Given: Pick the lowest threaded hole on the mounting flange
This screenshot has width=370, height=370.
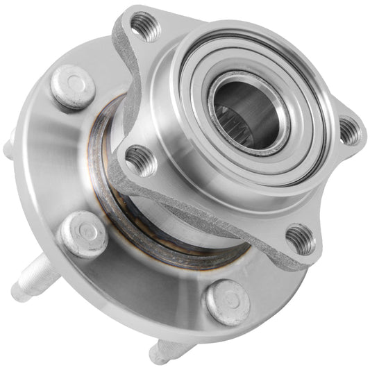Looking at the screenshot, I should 301,238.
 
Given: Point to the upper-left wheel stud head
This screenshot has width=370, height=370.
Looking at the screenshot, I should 72,86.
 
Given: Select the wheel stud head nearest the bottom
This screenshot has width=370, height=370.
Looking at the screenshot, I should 226,301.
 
